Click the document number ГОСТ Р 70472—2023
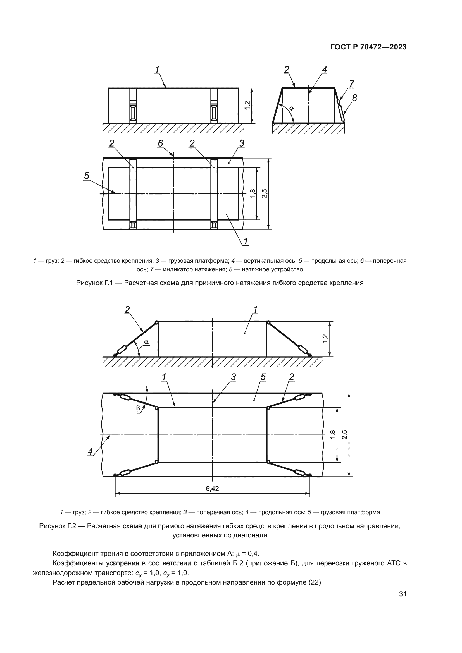point(368,47)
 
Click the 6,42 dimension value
point(212,489)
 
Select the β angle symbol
point(138,408)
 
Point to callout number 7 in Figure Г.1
point(352,84)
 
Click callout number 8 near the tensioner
point(354,98)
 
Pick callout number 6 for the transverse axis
point(160,143)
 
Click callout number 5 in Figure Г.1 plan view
point(87,176)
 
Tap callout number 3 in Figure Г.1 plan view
point(242,143)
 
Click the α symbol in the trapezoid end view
point(291,108)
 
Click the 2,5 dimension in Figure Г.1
point(265,194)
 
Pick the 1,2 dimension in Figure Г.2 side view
point(326,338)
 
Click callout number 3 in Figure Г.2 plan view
point(233,377)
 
